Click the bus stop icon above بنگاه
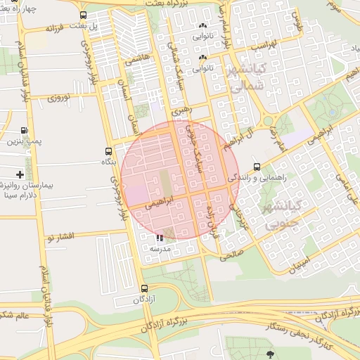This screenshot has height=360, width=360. [x=108, y=150]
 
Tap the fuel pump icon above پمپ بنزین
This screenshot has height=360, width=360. [x=25, y=130]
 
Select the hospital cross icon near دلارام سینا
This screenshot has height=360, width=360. [x=19, y=174]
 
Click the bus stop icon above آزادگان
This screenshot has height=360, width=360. [x=145, y=288]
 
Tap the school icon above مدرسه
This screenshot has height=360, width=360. [x=160, y=238]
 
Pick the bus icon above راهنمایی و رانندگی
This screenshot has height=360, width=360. [x=257, y=167]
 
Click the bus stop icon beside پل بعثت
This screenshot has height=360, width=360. [x=84, y=15]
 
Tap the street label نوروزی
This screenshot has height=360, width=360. [x=59, y=98]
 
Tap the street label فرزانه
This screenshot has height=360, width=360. [x=56, y=28]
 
